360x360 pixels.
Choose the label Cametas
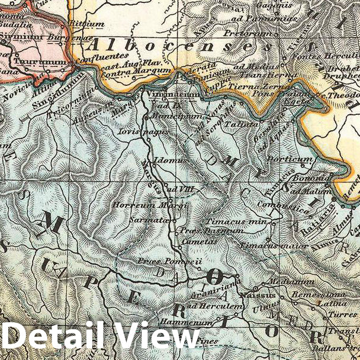[x=196, y=241]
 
